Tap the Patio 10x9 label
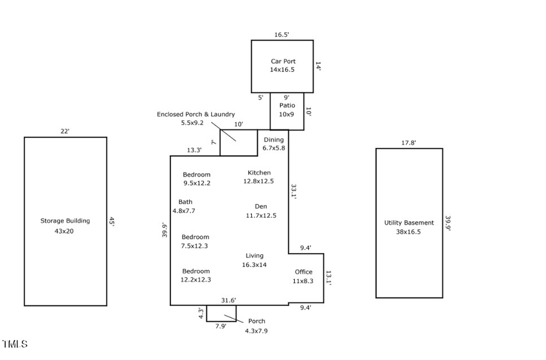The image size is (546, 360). (x=286, y=110)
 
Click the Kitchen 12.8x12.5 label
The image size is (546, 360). (x=258, y=177)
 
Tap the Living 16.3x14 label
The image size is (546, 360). (x=255, y=260)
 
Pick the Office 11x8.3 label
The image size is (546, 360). (x=303, y=276)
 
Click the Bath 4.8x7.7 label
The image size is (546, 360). (x=184, y=206)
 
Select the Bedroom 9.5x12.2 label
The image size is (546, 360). (x=197, y=178)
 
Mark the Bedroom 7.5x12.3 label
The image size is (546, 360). (x=195, y=241)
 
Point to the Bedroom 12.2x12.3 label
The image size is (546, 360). (x=195, y=275)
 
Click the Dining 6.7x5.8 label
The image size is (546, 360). (x=274, y=144)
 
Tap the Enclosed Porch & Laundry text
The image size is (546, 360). (x=195, y=114)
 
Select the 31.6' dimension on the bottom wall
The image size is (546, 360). (x=229, y=300)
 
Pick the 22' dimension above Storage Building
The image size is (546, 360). (x=65, y=131)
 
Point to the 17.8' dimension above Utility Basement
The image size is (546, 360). (x=408, y=143)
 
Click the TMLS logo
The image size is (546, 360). (x=15, y=344)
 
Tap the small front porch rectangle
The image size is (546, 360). (x=221, y=313)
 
